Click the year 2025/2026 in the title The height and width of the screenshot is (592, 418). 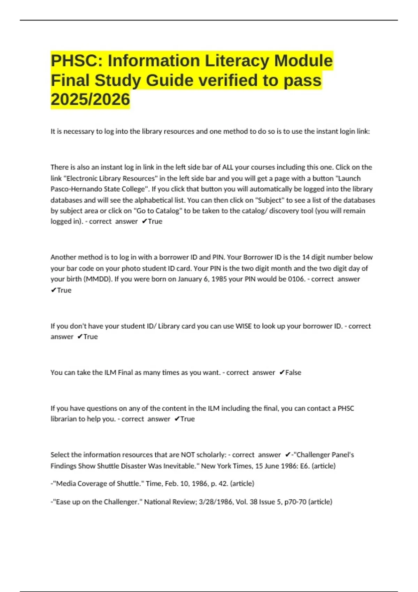pyautogui.click(x=90, y=100)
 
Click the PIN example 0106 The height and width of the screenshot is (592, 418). pyautogui.click(x=296, y=279)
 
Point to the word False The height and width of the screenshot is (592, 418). pyautogui.click(x=293, y=372)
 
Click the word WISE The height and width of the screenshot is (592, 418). pyautogui.click(x=243, y=326)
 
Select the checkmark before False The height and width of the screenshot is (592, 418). pyautogui.click(x=282, y=372)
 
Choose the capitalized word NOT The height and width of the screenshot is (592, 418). pyautogui.click(x=188, y=454)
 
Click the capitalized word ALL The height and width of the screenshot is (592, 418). pyautogui.click(x=228, y=167)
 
